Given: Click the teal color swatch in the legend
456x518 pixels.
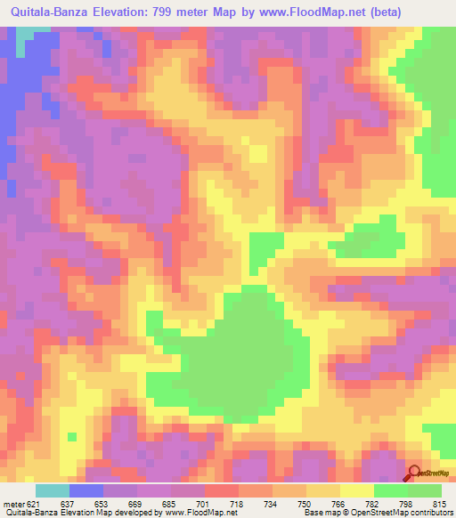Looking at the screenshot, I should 52,491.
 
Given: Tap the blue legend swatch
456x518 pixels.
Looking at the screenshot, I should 86,491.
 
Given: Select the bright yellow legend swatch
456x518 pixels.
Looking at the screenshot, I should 357,491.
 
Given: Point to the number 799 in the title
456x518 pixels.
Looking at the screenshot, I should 167,12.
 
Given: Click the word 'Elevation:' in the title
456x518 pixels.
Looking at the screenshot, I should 119,12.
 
